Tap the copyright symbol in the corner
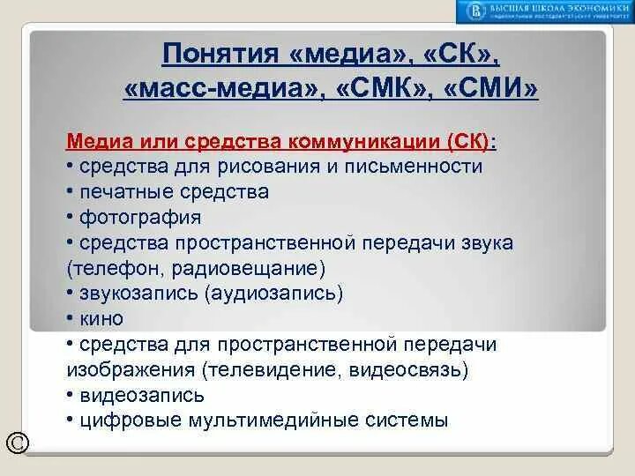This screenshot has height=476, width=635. click(17, 443)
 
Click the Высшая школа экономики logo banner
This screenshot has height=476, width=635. click(543, 11)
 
